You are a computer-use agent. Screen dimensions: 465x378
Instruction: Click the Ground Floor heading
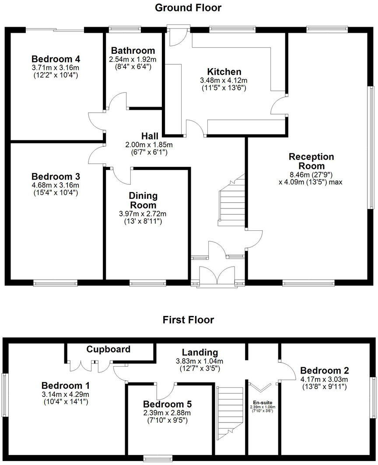[188, 7]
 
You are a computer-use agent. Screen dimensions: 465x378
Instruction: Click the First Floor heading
[188, 319]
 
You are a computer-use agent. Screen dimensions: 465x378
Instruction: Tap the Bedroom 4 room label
[52, 59]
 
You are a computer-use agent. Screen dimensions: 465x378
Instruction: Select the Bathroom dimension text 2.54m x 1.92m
[133, 59]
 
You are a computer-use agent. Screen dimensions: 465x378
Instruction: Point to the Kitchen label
[224, 72]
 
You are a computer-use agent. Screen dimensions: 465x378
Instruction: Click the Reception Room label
[311, 161]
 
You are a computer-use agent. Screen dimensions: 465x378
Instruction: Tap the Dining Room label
[143, 200]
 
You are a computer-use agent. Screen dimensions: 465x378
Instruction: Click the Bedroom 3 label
[55, 177]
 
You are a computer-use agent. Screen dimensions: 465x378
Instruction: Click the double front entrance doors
[217, 276]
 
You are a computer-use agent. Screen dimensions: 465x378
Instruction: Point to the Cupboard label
[108, 349]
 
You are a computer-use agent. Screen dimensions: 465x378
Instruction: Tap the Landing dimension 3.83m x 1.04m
[200, 361]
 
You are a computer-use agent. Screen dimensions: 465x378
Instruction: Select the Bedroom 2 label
[324, 370]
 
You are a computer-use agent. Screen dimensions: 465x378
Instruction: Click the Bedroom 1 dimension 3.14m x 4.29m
[66, 394]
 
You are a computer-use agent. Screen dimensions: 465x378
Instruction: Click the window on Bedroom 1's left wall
[5, 395]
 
